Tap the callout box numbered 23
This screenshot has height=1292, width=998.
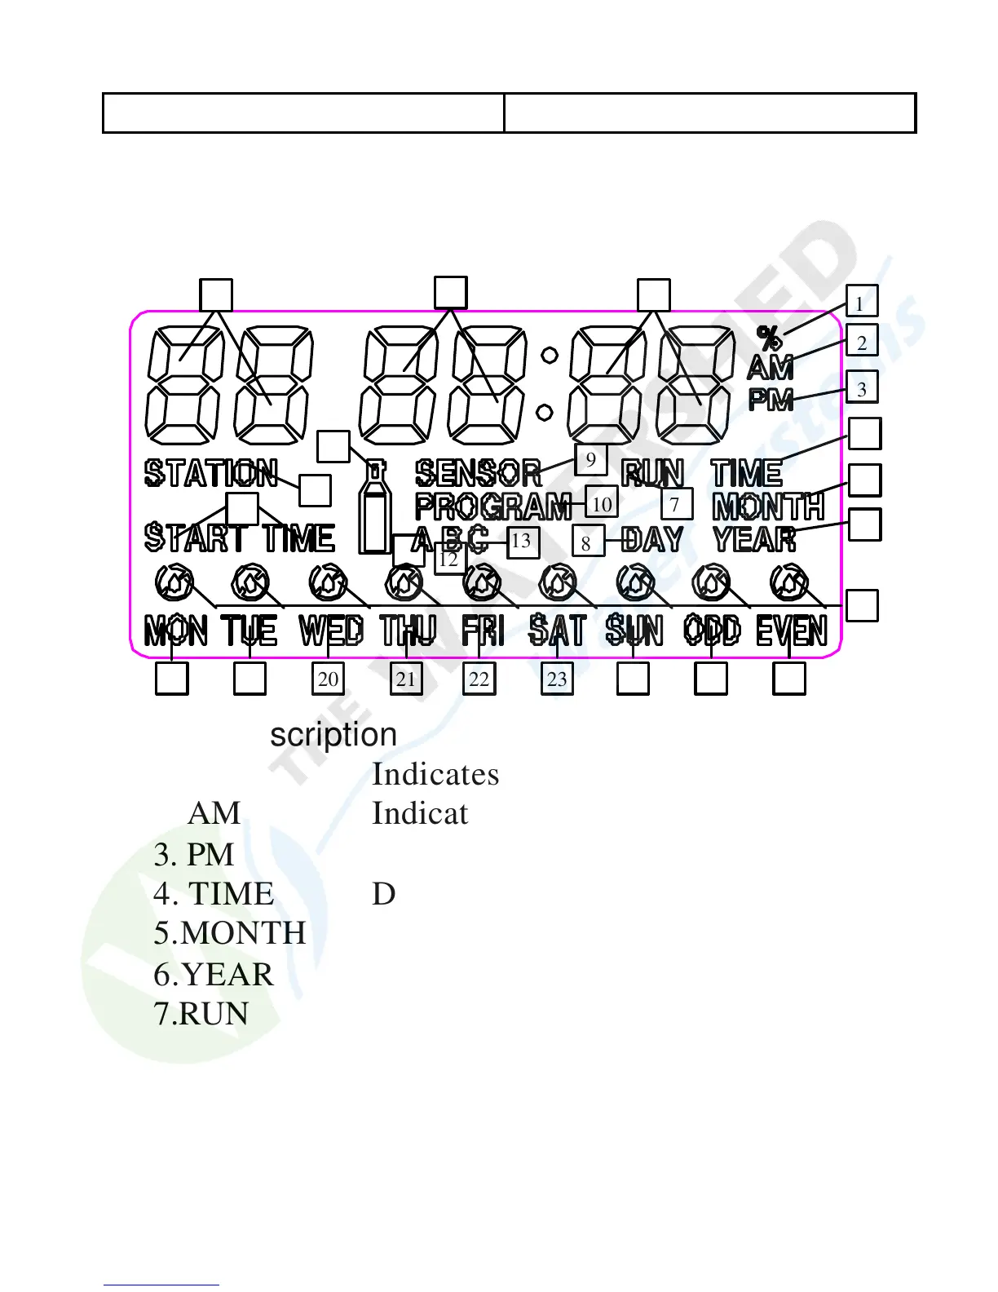(x=557, y=679)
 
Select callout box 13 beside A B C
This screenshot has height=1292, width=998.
(x=523, y=541)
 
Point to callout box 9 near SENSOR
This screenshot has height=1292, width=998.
(x=590, y=459)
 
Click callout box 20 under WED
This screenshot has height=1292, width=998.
(x=328, y=679)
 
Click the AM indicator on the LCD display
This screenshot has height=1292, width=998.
(x=770, y=369)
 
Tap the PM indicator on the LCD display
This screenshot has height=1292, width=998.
(x=771, y=400)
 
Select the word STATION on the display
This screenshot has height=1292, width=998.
(x=211, y=473)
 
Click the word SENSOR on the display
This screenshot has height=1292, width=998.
(x=479, y=473)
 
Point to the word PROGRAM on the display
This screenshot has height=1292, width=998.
(x=493, y=507)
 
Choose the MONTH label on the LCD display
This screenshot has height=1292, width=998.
(x=768, y=507)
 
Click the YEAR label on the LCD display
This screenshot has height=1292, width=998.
(x=754, y=538)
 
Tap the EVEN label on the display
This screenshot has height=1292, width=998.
(x=791, y=631)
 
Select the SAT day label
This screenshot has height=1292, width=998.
(x=557, y=631)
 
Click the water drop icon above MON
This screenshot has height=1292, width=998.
(x=174, y=582)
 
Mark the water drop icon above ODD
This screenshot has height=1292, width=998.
(x=712, y=582)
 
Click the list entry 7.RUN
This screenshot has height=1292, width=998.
(x=201, y=1014)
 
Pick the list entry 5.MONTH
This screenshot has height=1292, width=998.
(x=230, y=932)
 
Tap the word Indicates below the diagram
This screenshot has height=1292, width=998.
(x=435, y=774)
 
